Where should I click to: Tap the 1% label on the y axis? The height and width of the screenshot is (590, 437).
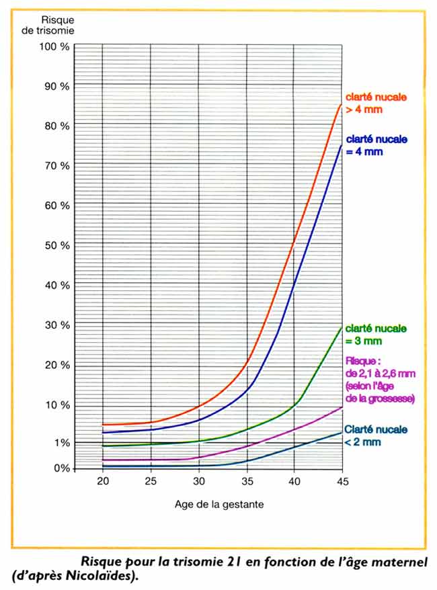coord(61,443)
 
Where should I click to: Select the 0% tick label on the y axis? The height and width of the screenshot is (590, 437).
coord(62,468)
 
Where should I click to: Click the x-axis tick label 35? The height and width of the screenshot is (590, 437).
coord(247,482)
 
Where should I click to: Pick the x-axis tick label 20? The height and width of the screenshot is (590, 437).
coord(103,482)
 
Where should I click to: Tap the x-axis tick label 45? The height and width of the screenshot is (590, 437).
coord(343,482)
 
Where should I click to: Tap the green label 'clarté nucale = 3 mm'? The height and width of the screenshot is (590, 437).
coord(375,335)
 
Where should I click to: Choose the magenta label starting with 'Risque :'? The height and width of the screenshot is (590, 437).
coord(379,380)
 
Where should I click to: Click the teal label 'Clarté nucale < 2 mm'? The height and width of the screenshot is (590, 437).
coord(375,435)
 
